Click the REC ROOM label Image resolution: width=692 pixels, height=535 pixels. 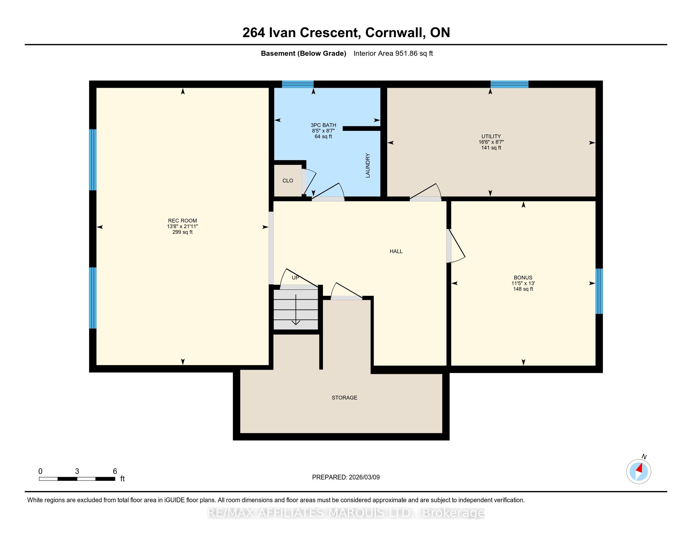pos(182,221)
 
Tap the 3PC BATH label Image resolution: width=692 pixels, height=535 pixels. pos(323,125)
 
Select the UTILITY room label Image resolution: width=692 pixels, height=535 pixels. pos(491,137)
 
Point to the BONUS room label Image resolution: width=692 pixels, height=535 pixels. pos(523,278)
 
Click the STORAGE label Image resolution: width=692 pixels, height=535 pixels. pos(344,398)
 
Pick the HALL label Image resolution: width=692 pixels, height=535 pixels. pos(396,251)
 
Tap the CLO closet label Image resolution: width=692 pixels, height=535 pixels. pos(288,181)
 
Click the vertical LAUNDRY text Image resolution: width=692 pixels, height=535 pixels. pos(367,166)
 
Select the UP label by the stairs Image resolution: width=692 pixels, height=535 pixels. pos(295,278)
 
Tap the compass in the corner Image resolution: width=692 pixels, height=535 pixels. pos(639,471)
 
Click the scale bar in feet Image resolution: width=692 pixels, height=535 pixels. pos(77,479)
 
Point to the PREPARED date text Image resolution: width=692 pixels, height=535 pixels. pos(346,477)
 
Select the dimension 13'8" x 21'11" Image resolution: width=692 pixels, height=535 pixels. pos(182,226)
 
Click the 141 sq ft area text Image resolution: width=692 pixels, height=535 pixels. pos(491,148)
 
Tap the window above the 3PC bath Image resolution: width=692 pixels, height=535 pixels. pos(298,84)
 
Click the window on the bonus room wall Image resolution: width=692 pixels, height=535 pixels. pos(599,291)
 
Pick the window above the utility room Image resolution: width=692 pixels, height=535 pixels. pos(510,84)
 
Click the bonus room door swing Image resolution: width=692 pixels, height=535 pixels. pos(456,246)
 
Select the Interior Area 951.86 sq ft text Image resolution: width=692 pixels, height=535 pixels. pos(393,53)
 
